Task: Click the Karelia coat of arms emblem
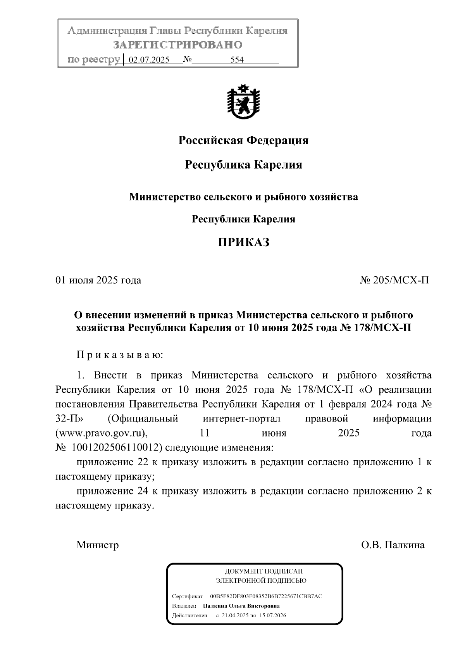click(x=243, y=102)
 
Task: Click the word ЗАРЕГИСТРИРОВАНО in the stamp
click(x=178, y=45)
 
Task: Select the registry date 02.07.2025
click(x=149, y=60)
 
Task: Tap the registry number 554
click(x=237, y=60)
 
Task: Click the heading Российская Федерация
click(x=243, y=140)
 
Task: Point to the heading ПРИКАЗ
click(x=243, y=243)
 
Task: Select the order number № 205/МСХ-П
click(x=394, y=280)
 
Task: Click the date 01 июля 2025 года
click(x=98, y=280)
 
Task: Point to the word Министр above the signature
click(x=98, y=545)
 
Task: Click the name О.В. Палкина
click(x=393, y=545)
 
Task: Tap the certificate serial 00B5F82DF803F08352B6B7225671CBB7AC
click(x=266, y=596)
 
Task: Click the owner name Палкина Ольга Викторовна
click(x=241, y=606)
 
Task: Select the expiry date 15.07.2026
click(x=273, y=615)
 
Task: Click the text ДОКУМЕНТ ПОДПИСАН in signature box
click(x=263, y=571)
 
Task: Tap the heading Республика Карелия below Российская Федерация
click(x=243, y=165)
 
